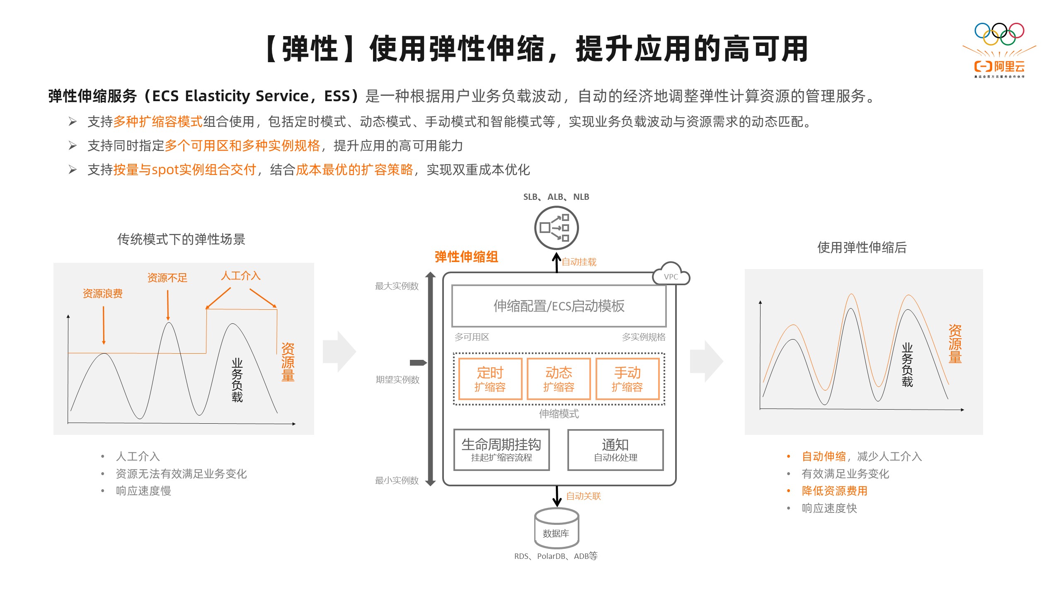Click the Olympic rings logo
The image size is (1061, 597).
click(999, 34)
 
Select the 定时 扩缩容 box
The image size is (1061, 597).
click(490, 379)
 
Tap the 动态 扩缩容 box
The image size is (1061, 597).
click(559, 379)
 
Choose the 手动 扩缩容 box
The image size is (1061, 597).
click(627, 379)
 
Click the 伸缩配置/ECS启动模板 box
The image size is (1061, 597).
click(559, 306)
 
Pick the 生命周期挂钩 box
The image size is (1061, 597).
click(501, 450)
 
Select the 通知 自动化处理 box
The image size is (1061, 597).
click(615, 450)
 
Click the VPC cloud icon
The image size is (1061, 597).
click(671, 274)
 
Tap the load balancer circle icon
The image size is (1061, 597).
click(557, 228)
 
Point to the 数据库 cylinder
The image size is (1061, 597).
click(557, 528)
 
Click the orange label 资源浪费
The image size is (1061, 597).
click(103, 294)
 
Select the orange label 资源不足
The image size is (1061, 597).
click(167, 278)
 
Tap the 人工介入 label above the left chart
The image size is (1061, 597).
click(241, 276)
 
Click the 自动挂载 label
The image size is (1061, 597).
click(579, 262)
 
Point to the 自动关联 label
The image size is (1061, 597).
click(584, 496)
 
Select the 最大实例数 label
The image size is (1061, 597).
click(397, 286)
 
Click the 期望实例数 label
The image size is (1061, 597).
click(397, 380)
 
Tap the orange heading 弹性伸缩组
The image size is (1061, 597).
click(466, 257)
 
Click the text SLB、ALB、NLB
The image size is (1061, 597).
click(556, 197)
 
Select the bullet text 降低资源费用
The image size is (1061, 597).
click(835, 491)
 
